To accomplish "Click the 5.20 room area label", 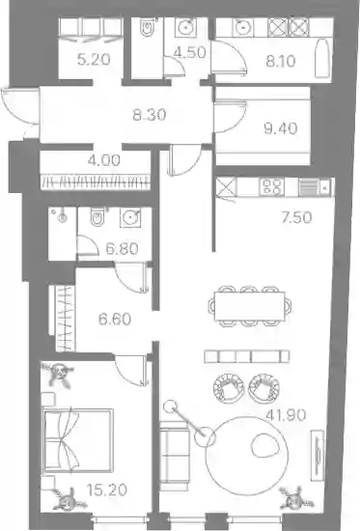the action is [94, 60].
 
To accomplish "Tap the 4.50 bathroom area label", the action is [190, 52].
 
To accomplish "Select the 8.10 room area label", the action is [281, 61].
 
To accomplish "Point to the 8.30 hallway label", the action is [150, 115].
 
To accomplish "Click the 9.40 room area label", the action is [281, 128].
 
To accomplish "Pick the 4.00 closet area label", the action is [104, 160].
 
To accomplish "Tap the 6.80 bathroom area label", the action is [123, 249].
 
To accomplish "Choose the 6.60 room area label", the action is [115, 319].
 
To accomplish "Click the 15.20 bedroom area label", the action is [107, 489].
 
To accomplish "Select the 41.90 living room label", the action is [287, 415].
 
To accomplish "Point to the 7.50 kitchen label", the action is [296, 217].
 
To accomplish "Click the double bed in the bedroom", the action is [77, 440].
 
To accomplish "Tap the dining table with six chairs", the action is [250, 306].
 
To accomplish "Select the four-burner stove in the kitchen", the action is [271, 187].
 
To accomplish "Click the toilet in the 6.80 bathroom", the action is [97, 216].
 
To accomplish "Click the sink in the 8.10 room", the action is [242, 27].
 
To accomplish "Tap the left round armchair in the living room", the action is [229, 387].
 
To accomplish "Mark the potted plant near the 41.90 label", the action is [294, 498].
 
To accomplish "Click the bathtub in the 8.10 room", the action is [321, 59].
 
